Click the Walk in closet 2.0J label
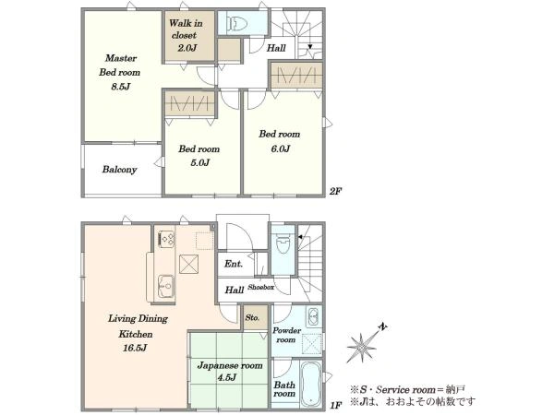coord(186,35)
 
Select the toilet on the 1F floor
coord(283,244)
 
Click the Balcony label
coord(119,170)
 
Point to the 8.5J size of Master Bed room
coord(121,87)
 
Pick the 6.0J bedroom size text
coord(280,148)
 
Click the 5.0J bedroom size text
coord(199,162)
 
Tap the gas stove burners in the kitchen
coord(166,239)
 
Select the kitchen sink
coord(165,286)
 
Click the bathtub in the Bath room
coord(311,385)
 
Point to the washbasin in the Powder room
coord(313,317)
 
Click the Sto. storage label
coord(252,317)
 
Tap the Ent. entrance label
coord(234,264)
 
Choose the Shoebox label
coord(260,287)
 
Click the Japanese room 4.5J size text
coord(226,377)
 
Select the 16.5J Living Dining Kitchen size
coord(135,348)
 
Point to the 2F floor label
coord(335,191)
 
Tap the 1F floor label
coord(335,405)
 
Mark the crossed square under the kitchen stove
coord(188,264)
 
